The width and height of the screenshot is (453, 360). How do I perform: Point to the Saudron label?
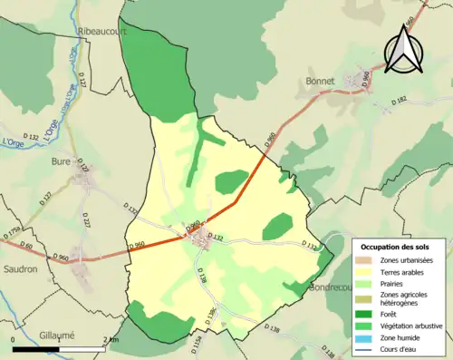pyautogui.click(x=19, y=268)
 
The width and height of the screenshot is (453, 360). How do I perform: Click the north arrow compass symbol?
pyautogui.click(x=403, y=50)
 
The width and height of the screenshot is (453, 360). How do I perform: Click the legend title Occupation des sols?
pyautogui.click(x=397, y=246)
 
